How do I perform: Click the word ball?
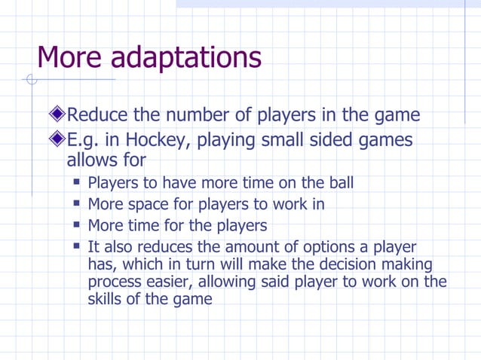tap(339, 183)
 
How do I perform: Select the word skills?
tap(106, 299)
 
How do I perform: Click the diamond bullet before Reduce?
tap(57, 115)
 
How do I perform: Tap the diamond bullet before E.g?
tap(57, 140)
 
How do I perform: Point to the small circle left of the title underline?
tap(30, 79)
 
